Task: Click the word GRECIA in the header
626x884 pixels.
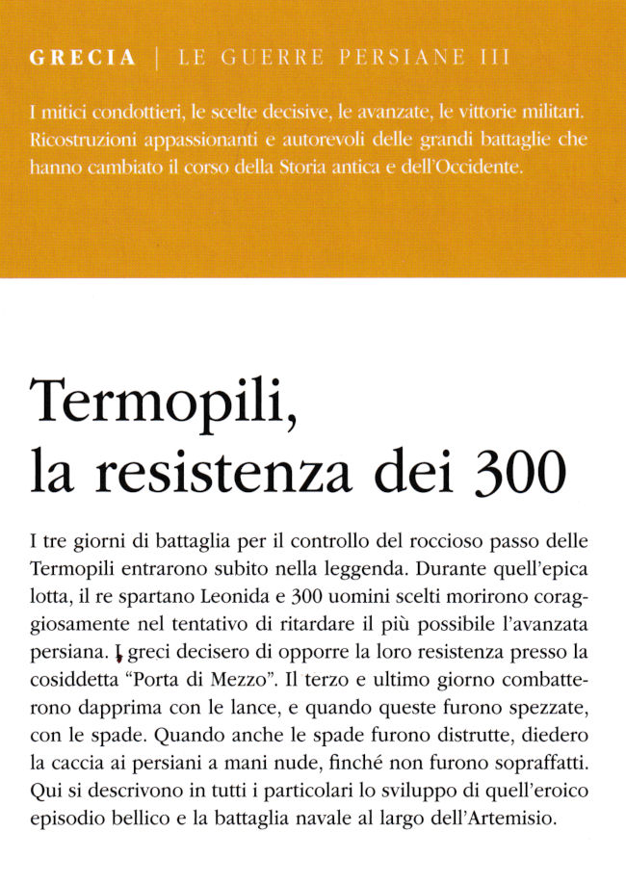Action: [83, 59]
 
